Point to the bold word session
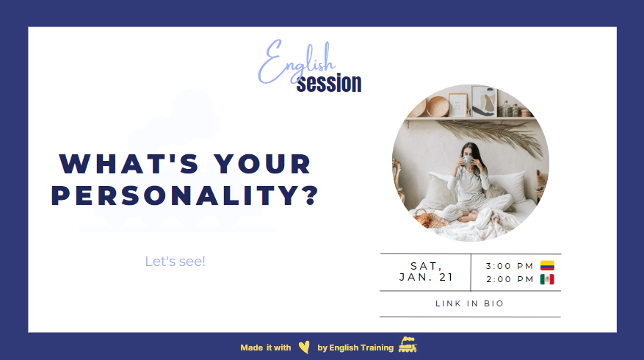point(329,83)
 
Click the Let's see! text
point(176,261)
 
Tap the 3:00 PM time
point(510,266)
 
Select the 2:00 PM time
point(510,279)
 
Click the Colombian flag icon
point(547,265)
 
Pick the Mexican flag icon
point(547,279)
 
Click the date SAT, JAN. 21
point(426,272)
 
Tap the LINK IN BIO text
point(470,303)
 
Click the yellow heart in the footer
point(304,348)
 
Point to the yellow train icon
point(408,345)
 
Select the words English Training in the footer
point(362,348)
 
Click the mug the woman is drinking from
point(468,159)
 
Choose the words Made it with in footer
point(265,348)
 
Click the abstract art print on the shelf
point(483,101)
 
